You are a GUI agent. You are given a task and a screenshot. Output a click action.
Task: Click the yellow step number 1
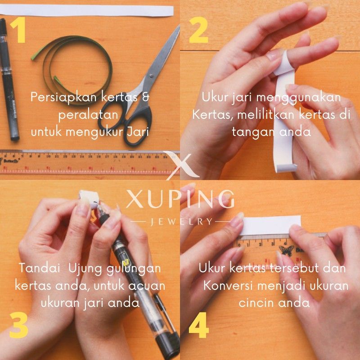pyautogui.click(x=17, y=31)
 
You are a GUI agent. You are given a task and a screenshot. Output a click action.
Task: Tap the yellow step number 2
pyautogui.click(x=198, y=31)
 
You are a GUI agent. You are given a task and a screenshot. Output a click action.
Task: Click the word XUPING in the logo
pyautogui.click(x=180, y=199)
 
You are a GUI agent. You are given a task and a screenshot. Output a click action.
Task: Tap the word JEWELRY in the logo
pyautogui.click(x=180, y=221)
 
